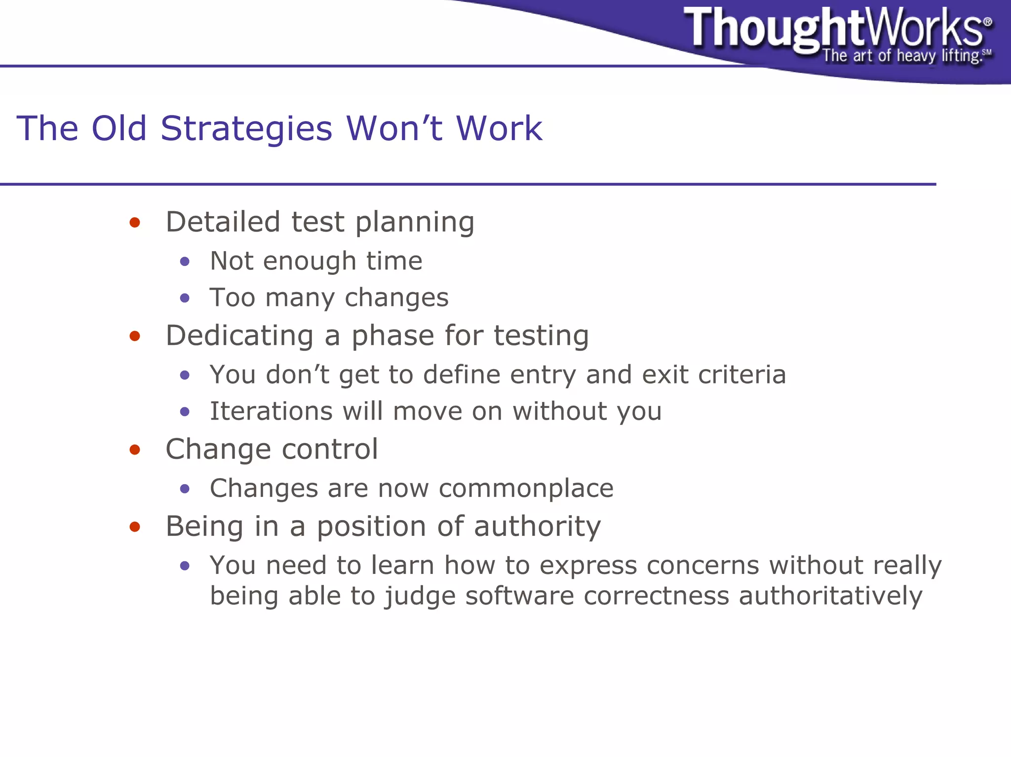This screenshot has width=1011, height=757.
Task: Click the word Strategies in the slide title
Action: (246, 129)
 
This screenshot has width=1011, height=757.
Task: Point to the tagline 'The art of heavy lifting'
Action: (901, 56)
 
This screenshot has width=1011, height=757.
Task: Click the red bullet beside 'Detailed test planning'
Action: (135, 223)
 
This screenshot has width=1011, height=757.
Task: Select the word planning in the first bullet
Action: (415, 223)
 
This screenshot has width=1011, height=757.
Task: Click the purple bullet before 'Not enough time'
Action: (185, 262)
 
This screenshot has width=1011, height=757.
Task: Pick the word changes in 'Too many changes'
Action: (396, 298)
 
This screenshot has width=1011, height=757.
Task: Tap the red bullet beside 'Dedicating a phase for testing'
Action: (135, 337)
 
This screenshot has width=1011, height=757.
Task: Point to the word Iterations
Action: (271, 411)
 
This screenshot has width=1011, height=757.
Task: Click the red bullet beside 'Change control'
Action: (135, 450)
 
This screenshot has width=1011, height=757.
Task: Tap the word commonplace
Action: (526, 489)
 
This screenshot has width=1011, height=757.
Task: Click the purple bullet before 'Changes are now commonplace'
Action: (185, 489)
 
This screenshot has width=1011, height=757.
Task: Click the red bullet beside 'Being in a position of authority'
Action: (135, 527)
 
